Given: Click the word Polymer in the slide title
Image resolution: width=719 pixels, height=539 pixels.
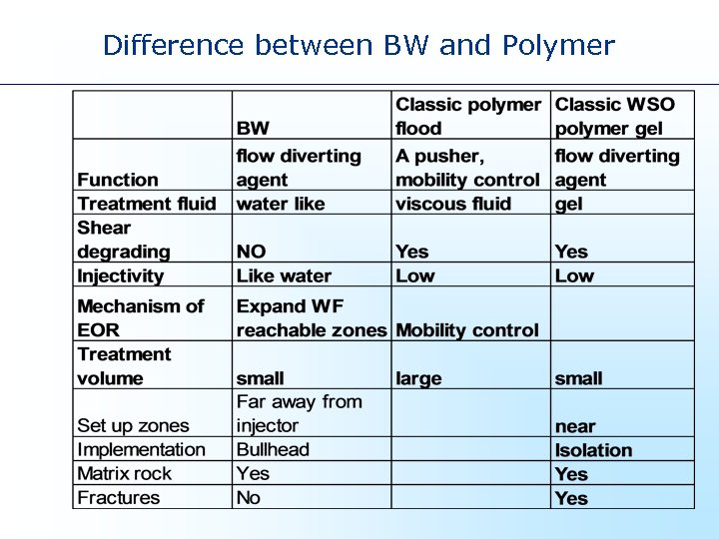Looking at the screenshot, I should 558,46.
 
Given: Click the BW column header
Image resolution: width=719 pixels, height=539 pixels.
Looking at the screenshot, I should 253,129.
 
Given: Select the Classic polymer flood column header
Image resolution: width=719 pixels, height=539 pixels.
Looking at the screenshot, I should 467,116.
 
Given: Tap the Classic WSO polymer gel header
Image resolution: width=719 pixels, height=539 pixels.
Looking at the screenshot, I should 614,116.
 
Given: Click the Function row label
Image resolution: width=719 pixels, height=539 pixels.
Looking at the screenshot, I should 118,180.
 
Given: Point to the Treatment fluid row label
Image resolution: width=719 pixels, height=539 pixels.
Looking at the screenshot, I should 146,204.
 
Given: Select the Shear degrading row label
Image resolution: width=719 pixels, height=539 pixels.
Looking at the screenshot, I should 123,240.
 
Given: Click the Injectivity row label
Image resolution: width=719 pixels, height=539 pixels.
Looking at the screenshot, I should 120,275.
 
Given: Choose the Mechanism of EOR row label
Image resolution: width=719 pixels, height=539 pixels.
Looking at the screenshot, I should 140,317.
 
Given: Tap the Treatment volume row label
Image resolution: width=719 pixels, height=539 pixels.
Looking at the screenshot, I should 124,366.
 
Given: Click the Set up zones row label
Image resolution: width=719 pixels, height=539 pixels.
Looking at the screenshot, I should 133,426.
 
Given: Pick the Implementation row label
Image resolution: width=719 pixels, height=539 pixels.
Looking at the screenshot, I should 141,450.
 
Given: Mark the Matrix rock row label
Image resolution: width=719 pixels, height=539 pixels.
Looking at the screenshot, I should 124,474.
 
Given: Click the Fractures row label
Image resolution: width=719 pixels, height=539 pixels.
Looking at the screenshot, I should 118,498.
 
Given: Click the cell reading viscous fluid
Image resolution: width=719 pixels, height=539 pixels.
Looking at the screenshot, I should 452,204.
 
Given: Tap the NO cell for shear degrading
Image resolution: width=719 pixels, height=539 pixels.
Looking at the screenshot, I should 251,252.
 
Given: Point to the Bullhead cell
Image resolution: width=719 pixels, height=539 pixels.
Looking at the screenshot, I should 273,450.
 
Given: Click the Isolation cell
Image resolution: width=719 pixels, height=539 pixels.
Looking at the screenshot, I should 593,450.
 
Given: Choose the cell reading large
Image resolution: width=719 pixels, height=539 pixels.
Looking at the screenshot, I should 418,378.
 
